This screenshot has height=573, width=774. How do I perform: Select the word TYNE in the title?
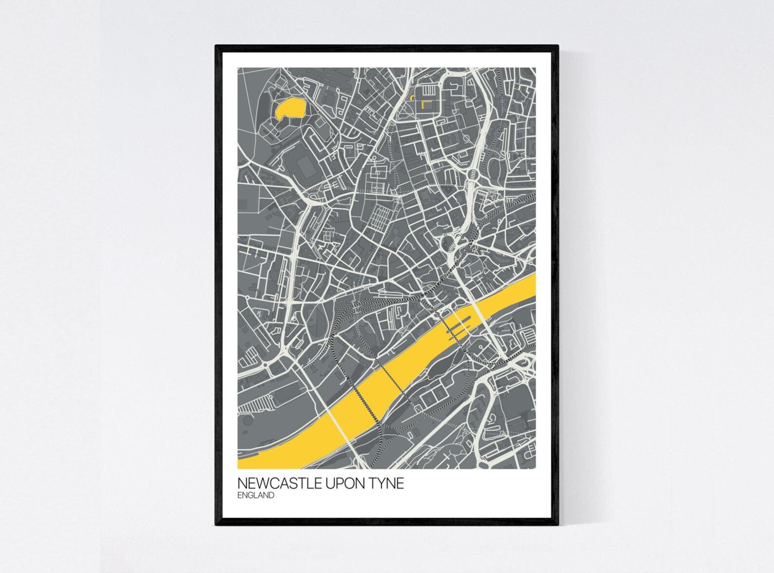pos(387,484)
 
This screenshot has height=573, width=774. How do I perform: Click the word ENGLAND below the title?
pos(256,496)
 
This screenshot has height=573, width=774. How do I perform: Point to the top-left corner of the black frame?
pos(216,46)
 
